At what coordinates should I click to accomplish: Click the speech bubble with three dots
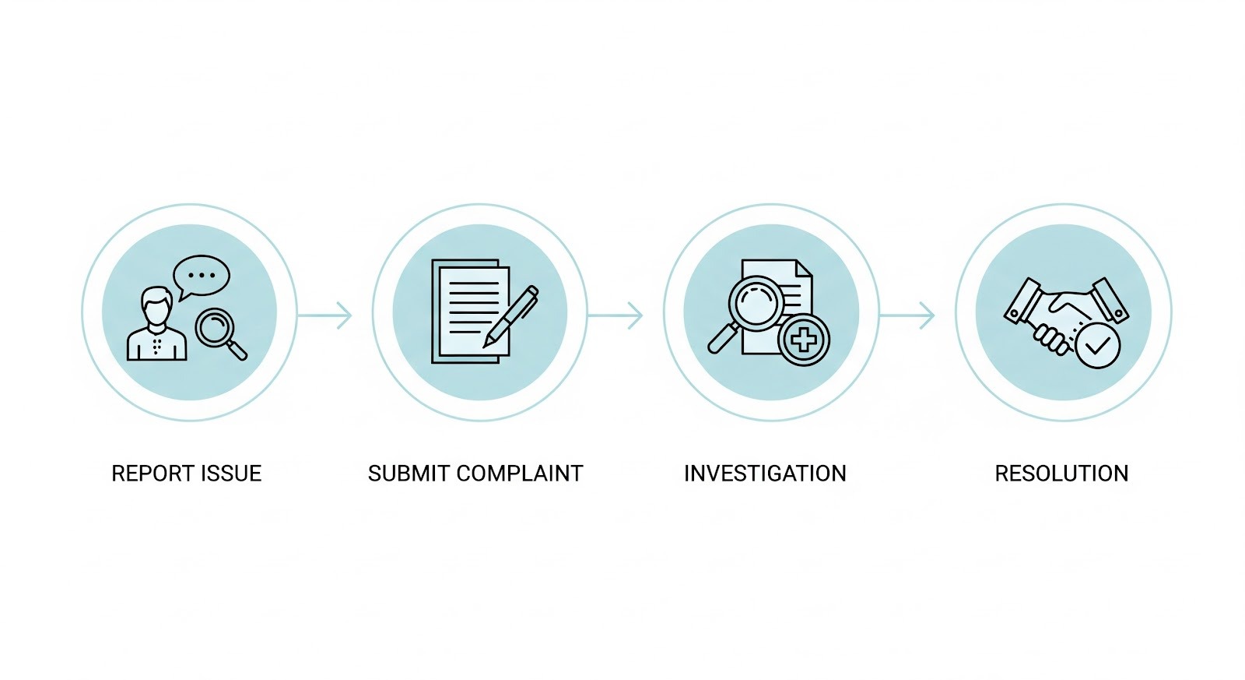click(202, 276)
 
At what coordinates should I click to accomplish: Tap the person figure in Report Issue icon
click(157, 327)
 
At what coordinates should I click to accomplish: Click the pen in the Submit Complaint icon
click(510, 315)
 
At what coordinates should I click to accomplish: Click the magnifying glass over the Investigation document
click(756, 305)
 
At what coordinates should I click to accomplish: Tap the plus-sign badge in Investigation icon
click(804, 340)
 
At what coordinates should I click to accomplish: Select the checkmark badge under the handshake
click(1097, 345)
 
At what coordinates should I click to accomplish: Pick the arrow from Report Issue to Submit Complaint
click(325, 315)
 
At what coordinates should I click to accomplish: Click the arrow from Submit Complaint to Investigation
click(615, 315)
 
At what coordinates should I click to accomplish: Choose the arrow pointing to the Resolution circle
click(907, 315)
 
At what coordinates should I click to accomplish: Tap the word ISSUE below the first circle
click(233, 474)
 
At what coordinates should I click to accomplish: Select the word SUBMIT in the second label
click(409, 474)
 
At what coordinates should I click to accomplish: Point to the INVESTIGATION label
click(765, 474)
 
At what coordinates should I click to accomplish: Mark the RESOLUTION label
click(1061, 474)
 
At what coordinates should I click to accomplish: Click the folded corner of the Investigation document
click(804, 268)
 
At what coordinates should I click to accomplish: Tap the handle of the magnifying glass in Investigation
click(721, 340)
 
